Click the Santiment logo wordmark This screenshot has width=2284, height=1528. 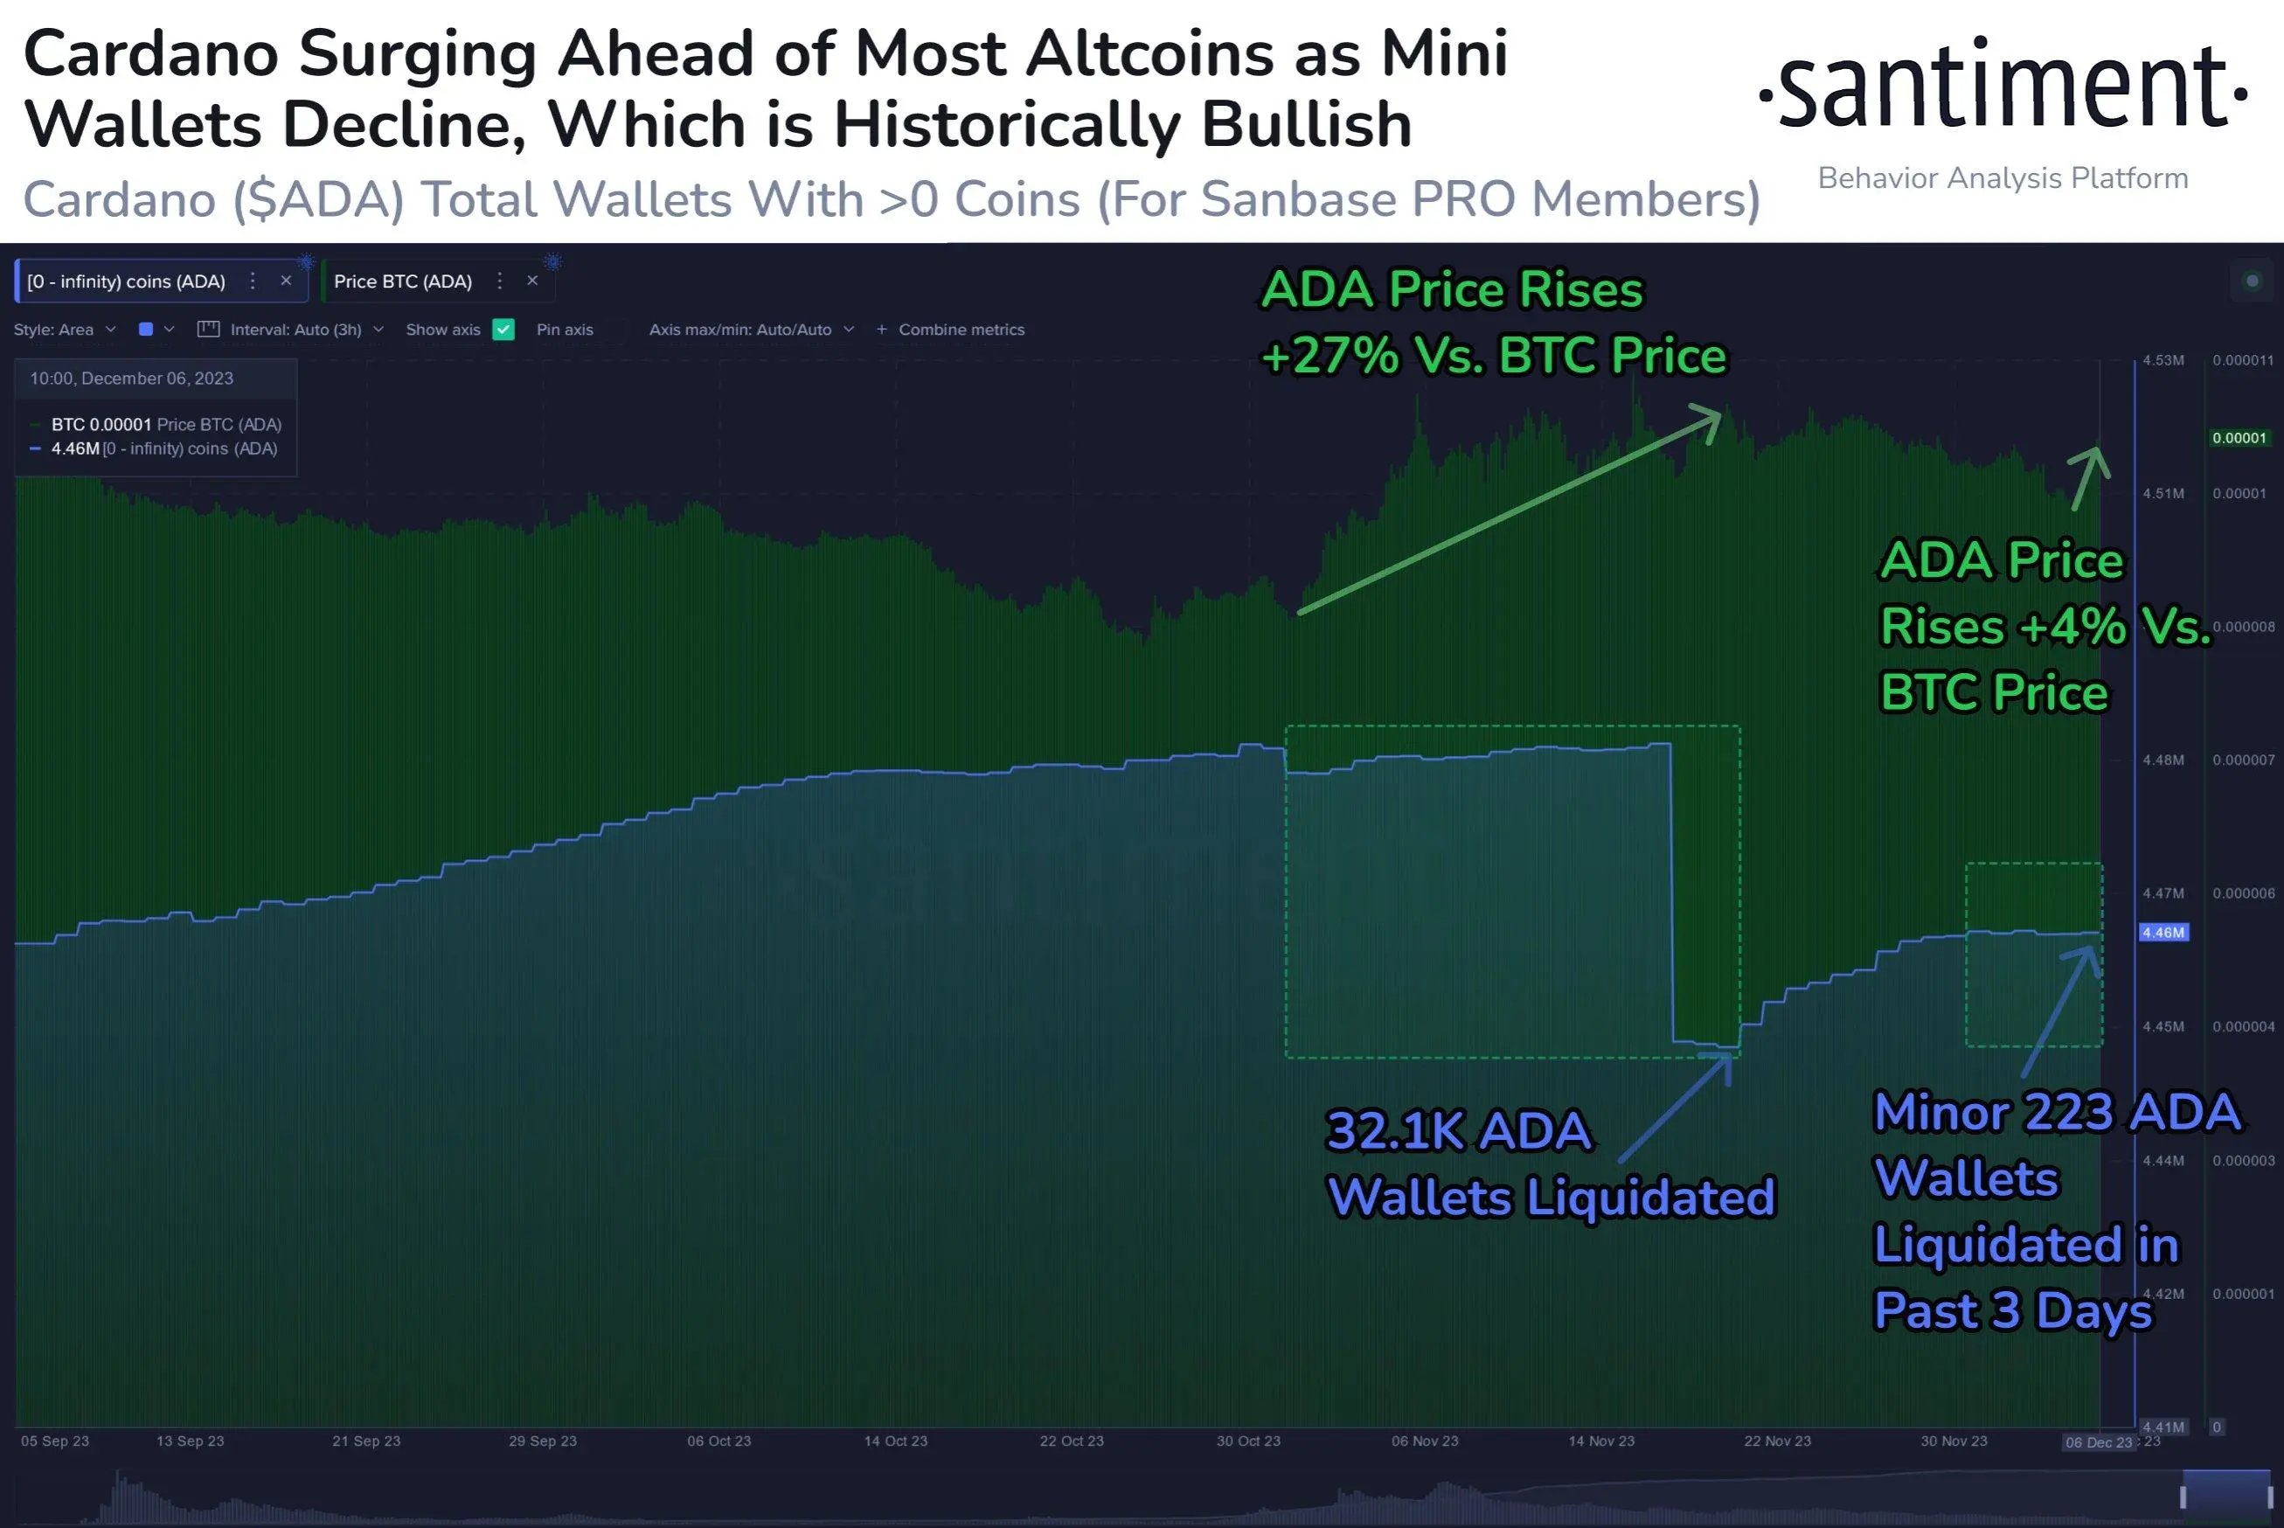tap(2003, 87)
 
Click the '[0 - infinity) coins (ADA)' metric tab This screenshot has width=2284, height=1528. tap(126, 281)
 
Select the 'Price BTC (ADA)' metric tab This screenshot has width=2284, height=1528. tap(402, 281)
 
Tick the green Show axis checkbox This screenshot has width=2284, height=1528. tap(503, 330)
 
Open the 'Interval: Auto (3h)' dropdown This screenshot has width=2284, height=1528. tap(295, 330)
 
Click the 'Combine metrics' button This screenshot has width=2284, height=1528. tap(960, 330)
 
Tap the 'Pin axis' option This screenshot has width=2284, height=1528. tap(564, 330)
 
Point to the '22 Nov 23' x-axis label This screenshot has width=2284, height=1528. tap(1777, 1441)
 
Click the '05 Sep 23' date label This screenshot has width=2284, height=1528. tap(54, 1441)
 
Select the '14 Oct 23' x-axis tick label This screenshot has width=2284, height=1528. tap(895, 1441)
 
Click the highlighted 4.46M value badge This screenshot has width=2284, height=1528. tap(2163, 933)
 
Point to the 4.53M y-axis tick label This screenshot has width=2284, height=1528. tap(2163, 360)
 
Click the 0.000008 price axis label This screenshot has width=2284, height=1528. tap(2243, 627)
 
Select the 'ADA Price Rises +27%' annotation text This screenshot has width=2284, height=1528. tap(1492, 323)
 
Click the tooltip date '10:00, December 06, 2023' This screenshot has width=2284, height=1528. tap(131, 379)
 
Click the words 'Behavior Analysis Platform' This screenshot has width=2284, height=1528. tap(2003, 178)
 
